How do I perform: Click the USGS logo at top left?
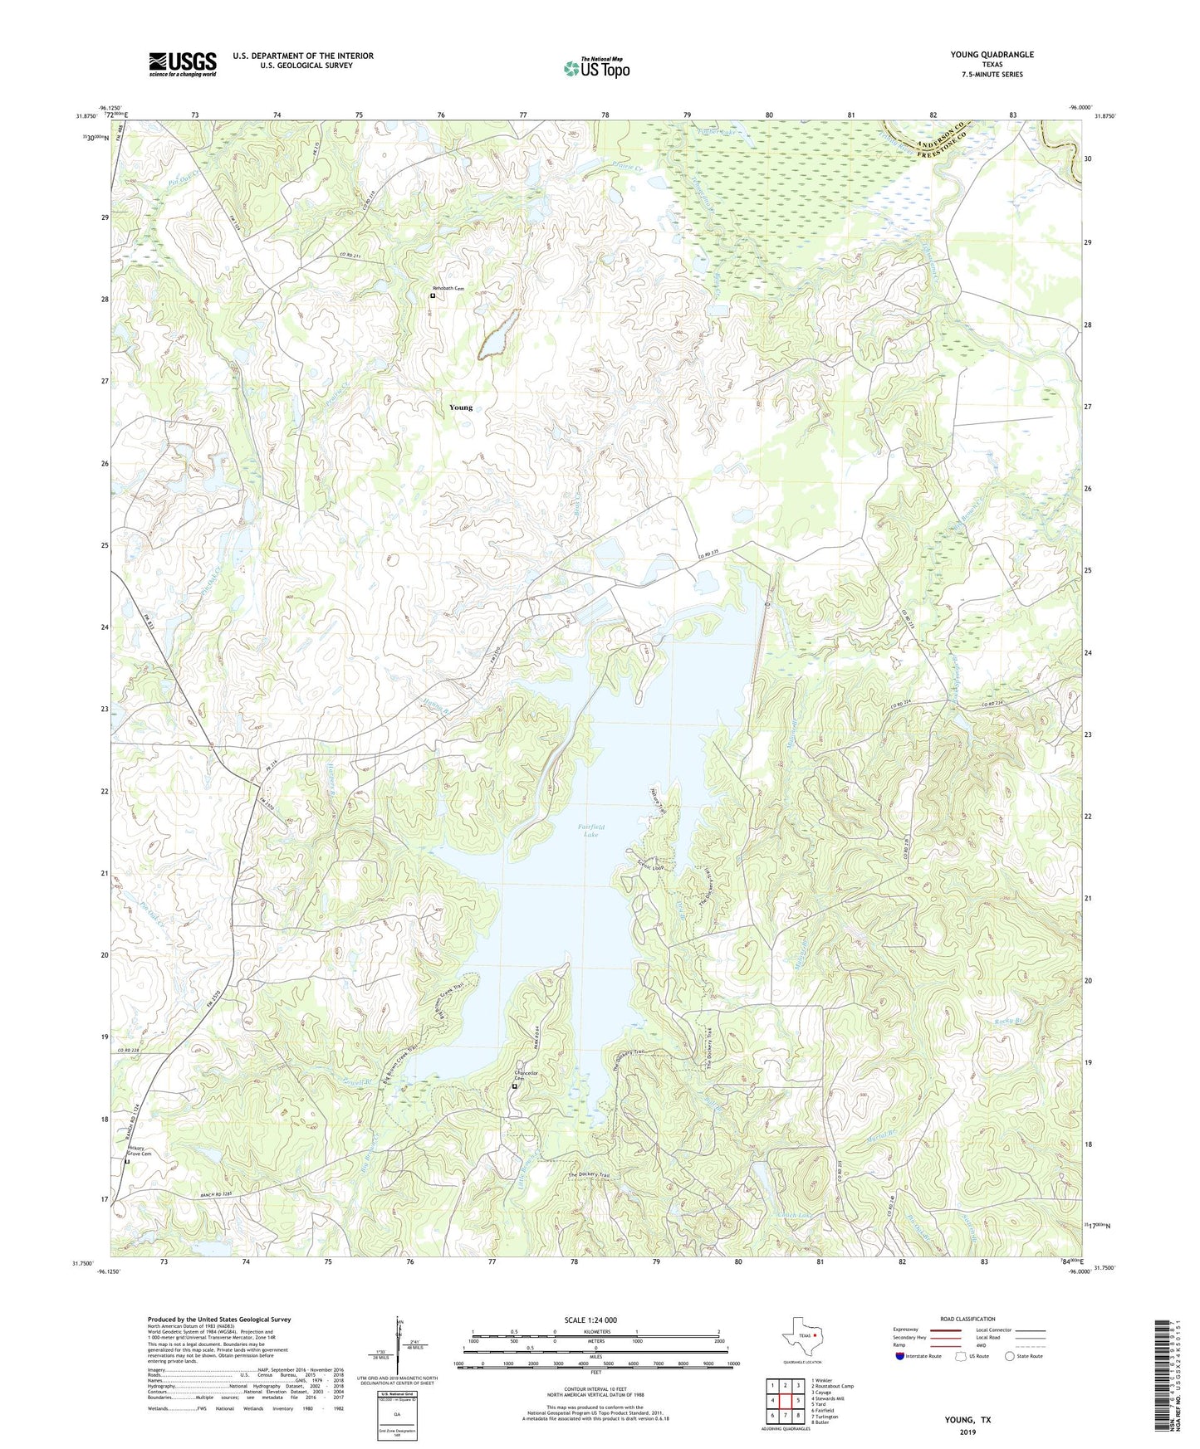183,63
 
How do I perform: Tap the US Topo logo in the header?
595,68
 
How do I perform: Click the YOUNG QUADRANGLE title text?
992,55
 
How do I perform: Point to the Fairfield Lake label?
590,830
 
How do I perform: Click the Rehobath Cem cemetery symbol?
433,295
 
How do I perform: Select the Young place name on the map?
460,407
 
